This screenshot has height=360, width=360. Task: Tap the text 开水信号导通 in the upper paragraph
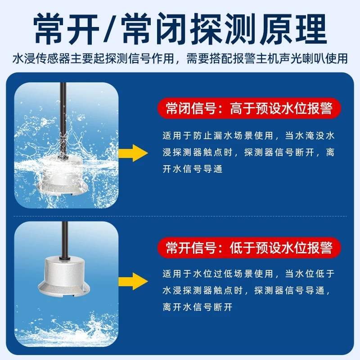[x=192, y=170]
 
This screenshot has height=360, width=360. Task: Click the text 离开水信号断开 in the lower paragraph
[x=198, y=307]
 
